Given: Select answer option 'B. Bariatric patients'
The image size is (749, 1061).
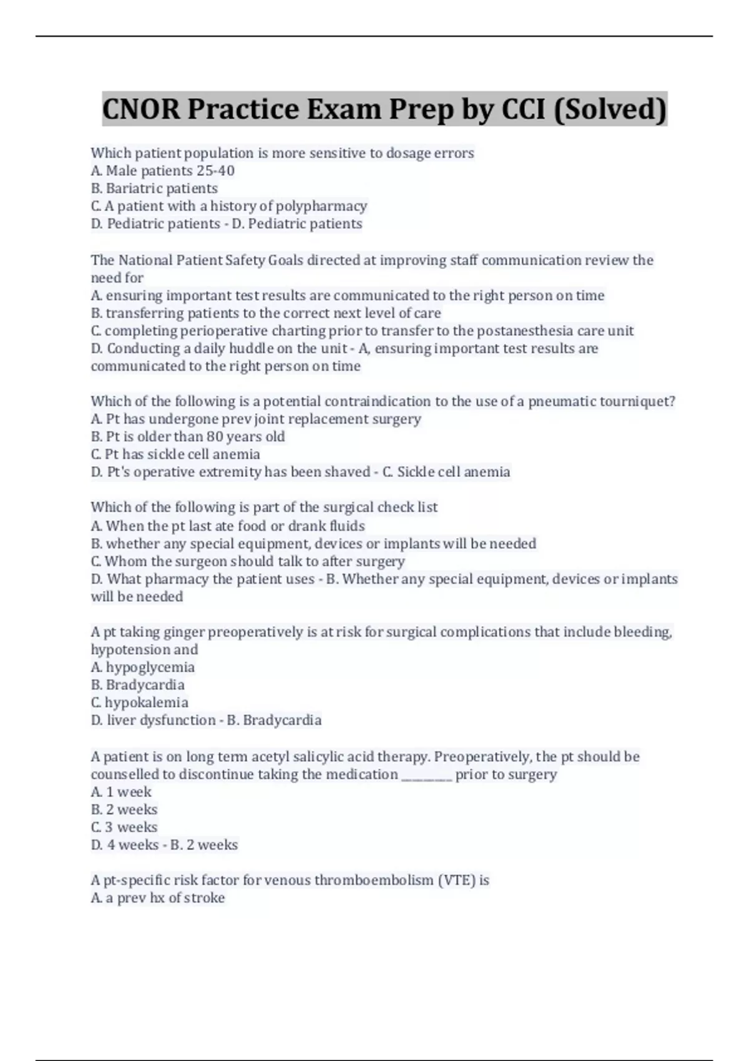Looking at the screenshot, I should (154, 188).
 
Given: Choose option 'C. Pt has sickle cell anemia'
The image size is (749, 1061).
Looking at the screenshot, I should (175, 454).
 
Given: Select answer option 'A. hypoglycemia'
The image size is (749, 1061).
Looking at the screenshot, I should (143, 667).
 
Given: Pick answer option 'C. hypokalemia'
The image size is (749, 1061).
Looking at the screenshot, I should (140, 703).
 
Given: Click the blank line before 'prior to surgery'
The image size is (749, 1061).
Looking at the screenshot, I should (426, 775).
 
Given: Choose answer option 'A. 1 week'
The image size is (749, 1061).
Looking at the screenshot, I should (121, 792).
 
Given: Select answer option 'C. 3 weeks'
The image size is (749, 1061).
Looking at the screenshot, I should (124, 828).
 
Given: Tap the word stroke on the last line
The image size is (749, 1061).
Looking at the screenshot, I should (205, 898).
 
